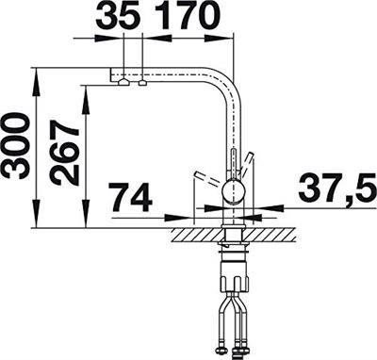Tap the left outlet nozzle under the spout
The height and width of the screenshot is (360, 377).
(123, 84)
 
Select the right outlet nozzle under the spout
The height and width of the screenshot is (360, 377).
(142, 84)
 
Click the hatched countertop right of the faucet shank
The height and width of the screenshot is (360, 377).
(264, 231)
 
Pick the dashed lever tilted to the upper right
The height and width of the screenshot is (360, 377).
(250, 160)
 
